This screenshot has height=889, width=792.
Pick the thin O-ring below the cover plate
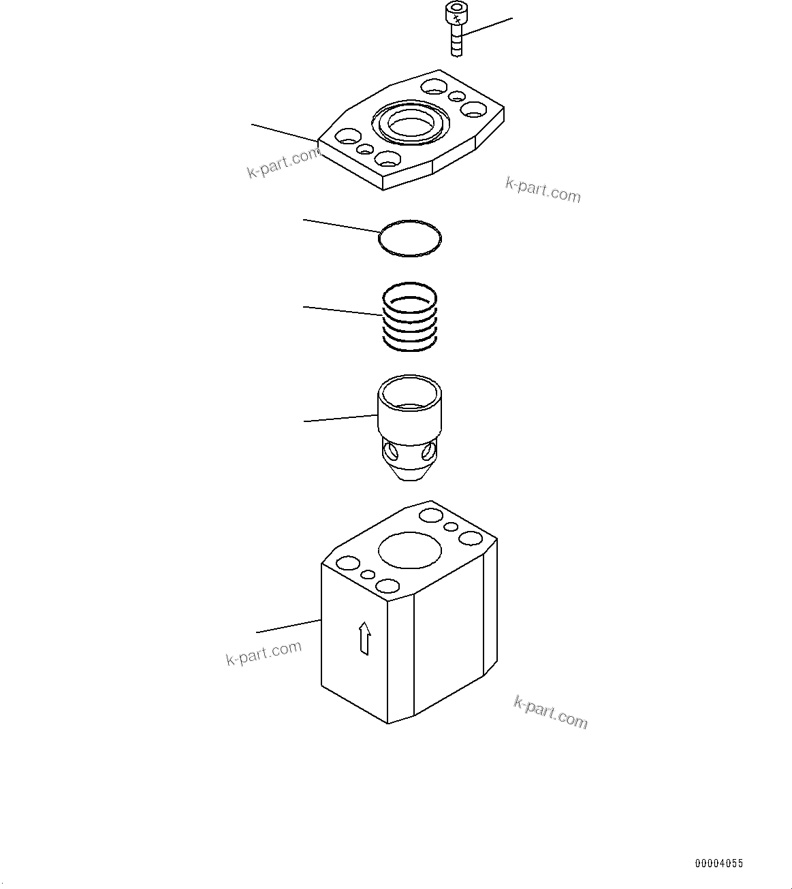410,238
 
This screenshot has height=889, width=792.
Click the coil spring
409,317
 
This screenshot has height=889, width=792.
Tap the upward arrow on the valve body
365,638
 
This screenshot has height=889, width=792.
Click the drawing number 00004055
718,863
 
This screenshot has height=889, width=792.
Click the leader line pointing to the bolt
488,27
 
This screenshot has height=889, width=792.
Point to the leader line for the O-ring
340,227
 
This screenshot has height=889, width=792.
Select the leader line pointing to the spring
343,311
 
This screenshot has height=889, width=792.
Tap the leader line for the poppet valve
340,419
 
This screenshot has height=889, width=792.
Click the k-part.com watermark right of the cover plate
543,190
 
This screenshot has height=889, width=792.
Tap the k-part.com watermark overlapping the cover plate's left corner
283,163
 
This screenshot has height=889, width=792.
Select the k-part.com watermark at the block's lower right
550,712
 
